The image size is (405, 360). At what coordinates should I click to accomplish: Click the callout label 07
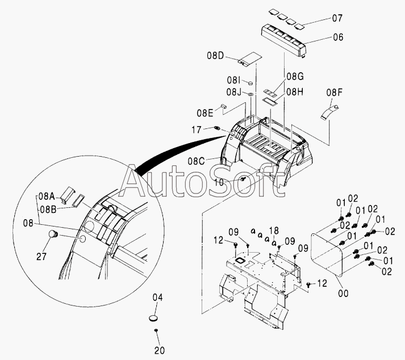337,18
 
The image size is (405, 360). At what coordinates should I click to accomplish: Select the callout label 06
337,37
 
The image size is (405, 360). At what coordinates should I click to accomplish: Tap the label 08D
216,56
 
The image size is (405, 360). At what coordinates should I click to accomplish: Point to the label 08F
335,92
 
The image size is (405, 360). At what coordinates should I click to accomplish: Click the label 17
197,129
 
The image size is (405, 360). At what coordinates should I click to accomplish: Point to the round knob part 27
53,234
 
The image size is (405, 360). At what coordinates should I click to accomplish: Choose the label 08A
47,196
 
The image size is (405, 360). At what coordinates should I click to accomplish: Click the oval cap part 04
156,316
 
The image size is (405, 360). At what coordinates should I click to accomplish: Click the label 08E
206,112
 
